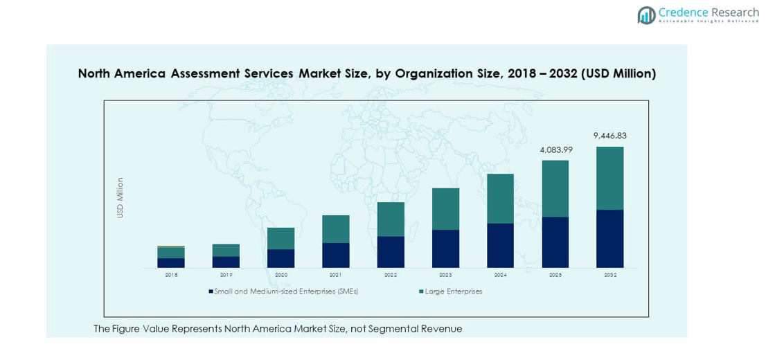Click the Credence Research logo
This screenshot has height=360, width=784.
(697, 15)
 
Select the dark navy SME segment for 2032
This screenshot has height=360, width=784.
(609, 239)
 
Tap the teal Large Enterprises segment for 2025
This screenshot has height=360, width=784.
(555, 188)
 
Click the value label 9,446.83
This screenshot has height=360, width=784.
(609, 136)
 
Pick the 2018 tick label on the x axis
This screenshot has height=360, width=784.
(171, 275)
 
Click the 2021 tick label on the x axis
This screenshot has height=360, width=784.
(335, 275)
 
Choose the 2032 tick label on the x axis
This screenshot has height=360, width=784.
(609, 275)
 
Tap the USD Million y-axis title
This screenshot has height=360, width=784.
(120, 198)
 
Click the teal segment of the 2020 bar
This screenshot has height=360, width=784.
(280, 238)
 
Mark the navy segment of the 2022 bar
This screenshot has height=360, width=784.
(391, 252)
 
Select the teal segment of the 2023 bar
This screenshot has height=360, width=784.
(445, 209)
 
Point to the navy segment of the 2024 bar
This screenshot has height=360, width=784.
(500, 246)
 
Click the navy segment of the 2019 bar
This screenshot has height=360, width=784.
(226, 262)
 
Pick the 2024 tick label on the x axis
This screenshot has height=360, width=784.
(500, 275)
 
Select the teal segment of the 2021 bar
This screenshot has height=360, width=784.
(335, 229)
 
